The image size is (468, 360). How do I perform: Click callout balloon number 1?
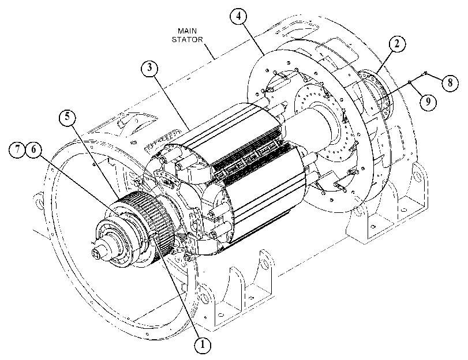(x=203, y=345)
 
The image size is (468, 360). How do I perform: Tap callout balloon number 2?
(x=396, y=44)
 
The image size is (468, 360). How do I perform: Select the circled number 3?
(x=149, y=68)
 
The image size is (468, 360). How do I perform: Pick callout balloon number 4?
(x=238, y=16)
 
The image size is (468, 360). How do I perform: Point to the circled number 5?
(x=68, y=117)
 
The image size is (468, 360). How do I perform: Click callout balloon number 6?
(x=33, y=149)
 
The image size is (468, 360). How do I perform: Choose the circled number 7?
(x=17, y=149)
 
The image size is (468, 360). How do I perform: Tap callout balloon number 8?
(x=450, y=82)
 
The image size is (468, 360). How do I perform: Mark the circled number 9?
(x=428, y=102)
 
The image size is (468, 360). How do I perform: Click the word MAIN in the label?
(x=187, y=31)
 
